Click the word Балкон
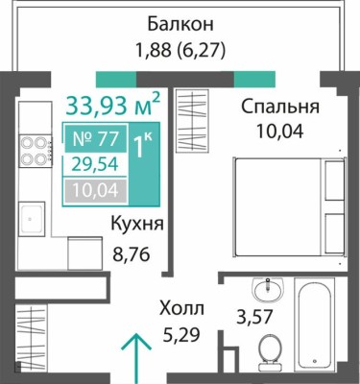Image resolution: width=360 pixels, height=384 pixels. [x=180, y=23]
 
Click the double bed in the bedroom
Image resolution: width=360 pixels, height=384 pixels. [x=289, y=205]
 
